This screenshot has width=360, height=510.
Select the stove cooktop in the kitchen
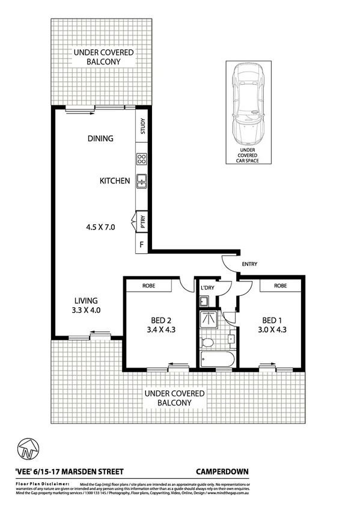(x=142, y=159)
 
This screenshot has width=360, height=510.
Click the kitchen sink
(x=142, y=179)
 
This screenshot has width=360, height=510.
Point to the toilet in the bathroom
(x=208, y=343)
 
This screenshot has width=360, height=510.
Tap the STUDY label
(x=143, y=127)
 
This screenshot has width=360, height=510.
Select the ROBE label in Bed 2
(x=148, y=286)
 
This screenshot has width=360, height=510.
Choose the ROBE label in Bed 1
(x=279, y=286)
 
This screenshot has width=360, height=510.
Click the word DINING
(x=100, y=138)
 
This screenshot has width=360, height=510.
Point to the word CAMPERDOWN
(x=222, y=472)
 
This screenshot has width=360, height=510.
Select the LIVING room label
(x=86, y=301)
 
